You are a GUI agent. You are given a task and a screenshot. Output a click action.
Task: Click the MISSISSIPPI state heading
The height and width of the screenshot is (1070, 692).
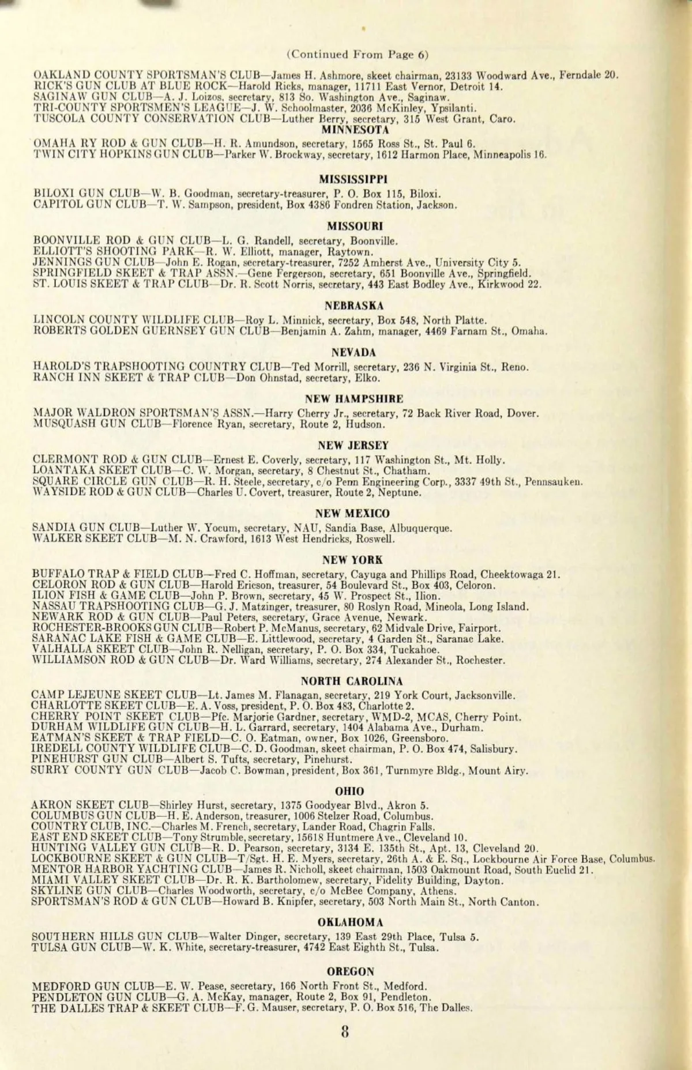353,179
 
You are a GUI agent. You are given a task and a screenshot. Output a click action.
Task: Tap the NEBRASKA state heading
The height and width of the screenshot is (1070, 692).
354,306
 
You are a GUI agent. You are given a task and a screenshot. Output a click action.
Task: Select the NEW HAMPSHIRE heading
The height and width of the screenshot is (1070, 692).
354,399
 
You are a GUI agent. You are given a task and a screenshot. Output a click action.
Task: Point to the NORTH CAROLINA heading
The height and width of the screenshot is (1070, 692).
352,681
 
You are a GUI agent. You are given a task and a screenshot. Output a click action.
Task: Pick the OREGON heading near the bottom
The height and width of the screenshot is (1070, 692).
351,971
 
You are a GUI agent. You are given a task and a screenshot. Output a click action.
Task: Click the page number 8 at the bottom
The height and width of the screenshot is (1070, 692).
345,1031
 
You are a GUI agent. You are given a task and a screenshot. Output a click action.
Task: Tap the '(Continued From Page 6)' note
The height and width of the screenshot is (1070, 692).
358,55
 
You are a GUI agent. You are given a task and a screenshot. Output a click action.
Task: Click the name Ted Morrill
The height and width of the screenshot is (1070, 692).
316,367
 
